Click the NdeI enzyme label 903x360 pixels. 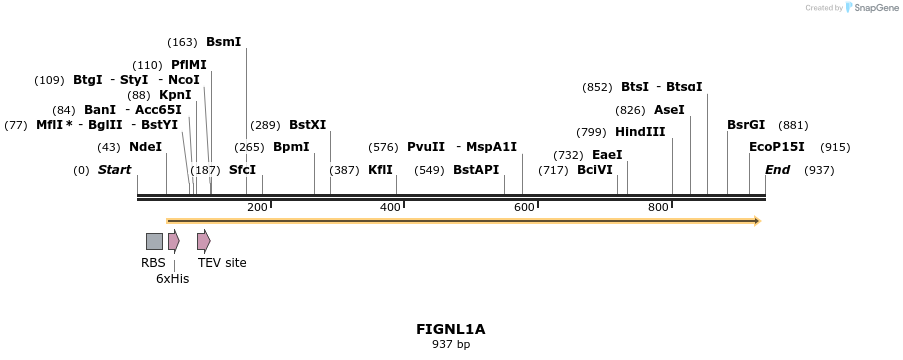pos(145,147)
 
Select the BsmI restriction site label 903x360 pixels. pos(223,42)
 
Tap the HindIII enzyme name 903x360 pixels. pos(639,132)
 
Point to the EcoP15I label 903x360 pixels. pos(776,147)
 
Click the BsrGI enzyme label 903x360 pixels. pos(746,125)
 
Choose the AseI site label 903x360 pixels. pos(669,110)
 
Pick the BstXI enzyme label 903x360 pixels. pos(307,125)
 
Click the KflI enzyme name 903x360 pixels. pos(380,170)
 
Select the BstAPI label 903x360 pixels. pos(475,170)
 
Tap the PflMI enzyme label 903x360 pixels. pos(189,65)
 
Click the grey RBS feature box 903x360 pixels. pos(154,241)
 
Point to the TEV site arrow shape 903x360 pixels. pos(204,241)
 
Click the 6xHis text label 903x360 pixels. pos(172,279)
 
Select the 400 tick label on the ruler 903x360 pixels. pos(390,207)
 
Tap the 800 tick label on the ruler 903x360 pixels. pos(658,207)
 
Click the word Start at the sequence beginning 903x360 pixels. pos(114,170)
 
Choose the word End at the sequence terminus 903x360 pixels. pos(777,170)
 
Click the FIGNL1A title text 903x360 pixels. pos(451,328)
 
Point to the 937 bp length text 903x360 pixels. pos(451,345)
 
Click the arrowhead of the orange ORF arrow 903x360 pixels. pos(756,221)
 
